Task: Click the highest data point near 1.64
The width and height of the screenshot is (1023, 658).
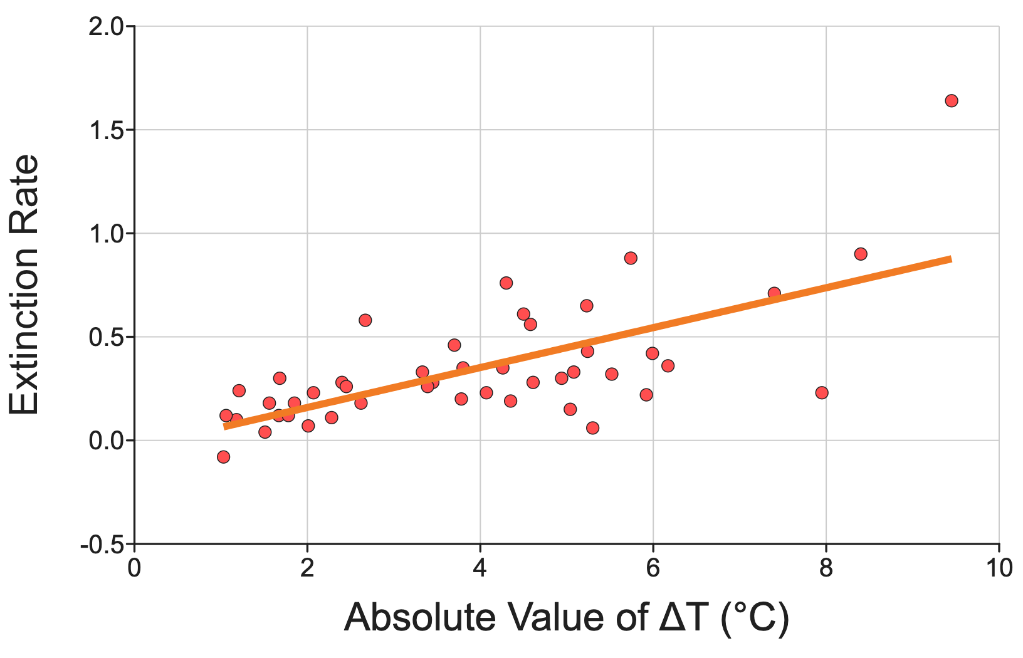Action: (951, 101)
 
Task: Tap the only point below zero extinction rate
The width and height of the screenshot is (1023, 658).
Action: (223, 457)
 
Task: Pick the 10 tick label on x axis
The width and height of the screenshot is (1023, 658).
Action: (998, 569)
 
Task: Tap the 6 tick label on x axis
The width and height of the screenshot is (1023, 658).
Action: (653, 569)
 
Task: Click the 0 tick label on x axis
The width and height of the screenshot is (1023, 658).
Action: (134, 569)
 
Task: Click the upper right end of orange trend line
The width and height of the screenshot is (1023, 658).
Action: (950, 259)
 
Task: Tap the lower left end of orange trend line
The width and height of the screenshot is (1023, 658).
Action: (225, 427)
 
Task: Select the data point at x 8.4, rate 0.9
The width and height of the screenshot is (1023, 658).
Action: (861, 254)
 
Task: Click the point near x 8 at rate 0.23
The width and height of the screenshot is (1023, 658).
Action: (822, 393)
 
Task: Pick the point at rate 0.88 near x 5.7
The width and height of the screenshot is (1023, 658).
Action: (631, 258)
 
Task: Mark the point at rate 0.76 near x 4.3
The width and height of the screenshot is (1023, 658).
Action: (506, 283)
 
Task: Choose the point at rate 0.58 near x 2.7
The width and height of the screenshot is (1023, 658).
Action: (365, 320)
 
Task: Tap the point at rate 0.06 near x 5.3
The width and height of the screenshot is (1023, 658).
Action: (592, 428)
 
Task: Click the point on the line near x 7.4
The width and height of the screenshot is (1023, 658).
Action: (774, 293)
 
